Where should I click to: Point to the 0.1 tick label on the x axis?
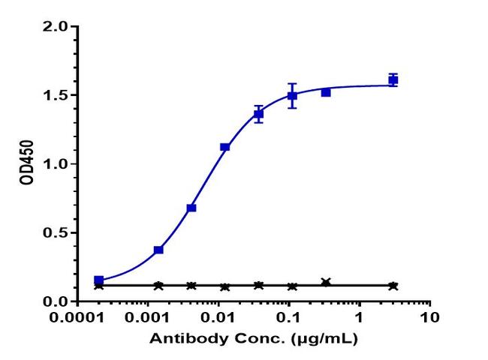pyautogui.click(x=289, y=317)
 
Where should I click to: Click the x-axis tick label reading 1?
pyautogui.click(x=359, y=317)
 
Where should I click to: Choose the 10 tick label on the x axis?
pyautogui.click(x=429, y=317)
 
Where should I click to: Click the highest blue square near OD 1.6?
pyautogui.click(x=393, y=79)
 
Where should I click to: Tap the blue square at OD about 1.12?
pyautogui.click(x=224, y=147)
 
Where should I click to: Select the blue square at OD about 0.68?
pyautogui.click(x=191, y=208)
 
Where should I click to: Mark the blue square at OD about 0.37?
pyautogui.click(x=158, y=250)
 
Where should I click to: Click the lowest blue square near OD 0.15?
pyautogui.click(x=99, y=280)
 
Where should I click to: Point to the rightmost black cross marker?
pyautogui.click(x=393, y=286)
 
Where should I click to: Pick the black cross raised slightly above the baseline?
pyautogui.click(x=326, y=282)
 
